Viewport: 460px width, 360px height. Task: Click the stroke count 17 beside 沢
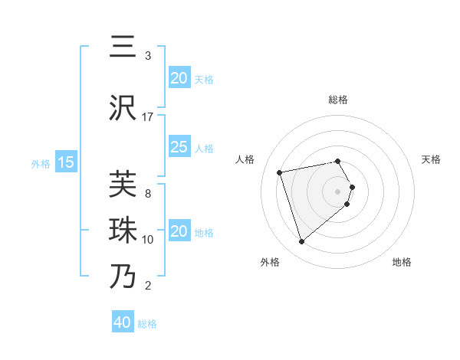pos(148,117)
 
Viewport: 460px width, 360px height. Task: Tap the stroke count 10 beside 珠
pos(148,240)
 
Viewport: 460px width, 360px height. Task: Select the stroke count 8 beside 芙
pos(148,194)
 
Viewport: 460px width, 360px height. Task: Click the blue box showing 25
pos(179,148)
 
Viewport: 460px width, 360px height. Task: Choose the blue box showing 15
pos(65,162)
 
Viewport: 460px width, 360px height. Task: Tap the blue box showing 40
pos(123,322)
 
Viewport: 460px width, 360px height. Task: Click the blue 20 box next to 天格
pos(179,78)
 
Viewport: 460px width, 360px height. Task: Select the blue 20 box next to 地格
pos(179,232)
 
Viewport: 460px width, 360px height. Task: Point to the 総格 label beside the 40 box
pos(147,324)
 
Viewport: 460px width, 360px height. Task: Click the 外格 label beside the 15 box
pos(41,163)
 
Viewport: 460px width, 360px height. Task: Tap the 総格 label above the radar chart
pos(337,100)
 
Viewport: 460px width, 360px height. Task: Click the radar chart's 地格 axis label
pos(402,262)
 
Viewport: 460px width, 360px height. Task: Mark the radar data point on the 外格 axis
pos(301,241)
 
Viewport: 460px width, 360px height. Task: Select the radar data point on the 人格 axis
pos(280,172)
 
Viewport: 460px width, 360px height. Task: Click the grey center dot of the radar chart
pos(337,191)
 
